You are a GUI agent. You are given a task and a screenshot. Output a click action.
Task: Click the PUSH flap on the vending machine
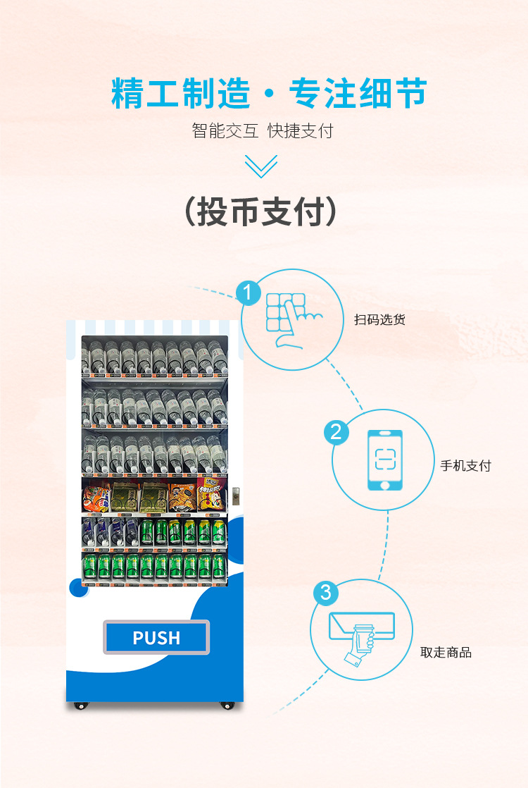(x=156, y=637)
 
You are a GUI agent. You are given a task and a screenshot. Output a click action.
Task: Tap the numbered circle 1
(x=247, y=292)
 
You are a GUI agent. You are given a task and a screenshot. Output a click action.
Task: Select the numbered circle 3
(x=325, y=593)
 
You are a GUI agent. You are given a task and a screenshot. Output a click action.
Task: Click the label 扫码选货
(x=379, y=320)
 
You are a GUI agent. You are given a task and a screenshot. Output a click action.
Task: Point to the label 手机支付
(x=465, y=466)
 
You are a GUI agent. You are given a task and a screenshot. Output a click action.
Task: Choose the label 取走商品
(x=446, y=653)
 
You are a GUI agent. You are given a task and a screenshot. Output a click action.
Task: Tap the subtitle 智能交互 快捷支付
(x=262, y=131)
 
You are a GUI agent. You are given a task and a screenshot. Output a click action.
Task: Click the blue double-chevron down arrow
(x=261, y=166)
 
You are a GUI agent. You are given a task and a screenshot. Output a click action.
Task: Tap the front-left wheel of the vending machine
(x=81, y=705)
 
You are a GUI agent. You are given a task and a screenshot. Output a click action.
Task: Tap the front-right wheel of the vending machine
(x=227, y=705)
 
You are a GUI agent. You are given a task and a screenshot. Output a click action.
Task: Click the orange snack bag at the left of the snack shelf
(x=94, y=498)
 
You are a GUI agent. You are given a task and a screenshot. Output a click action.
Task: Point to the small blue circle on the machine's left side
(x=75, y=586)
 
